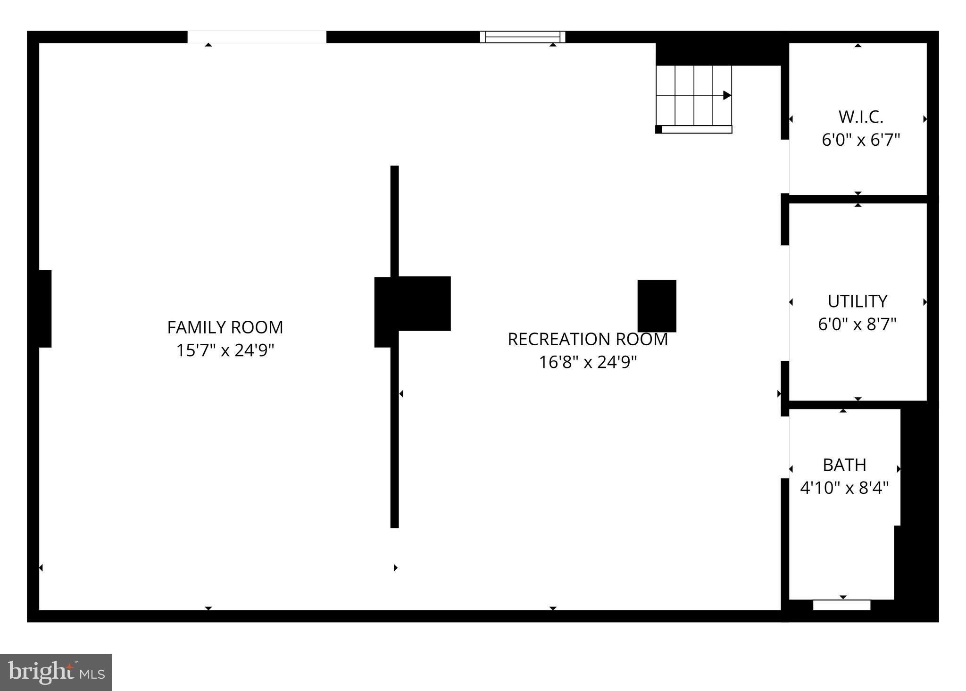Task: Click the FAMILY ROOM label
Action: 225,327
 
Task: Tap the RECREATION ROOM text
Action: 587,339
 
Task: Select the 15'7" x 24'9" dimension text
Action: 225,350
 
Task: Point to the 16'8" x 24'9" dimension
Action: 587,362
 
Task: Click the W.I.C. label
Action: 860,117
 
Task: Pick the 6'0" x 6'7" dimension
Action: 860,140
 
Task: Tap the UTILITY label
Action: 857,301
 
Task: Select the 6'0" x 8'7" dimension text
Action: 857,325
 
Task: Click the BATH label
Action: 844,465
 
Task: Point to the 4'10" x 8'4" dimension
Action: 844,488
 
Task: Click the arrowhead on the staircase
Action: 727,95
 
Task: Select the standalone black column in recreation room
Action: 657,306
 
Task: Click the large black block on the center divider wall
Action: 413,304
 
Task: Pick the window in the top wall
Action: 523,37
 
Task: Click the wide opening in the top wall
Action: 257,37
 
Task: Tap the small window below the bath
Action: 841,605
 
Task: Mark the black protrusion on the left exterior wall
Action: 45,308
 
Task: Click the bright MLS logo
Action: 56,673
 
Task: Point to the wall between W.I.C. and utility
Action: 858,199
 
